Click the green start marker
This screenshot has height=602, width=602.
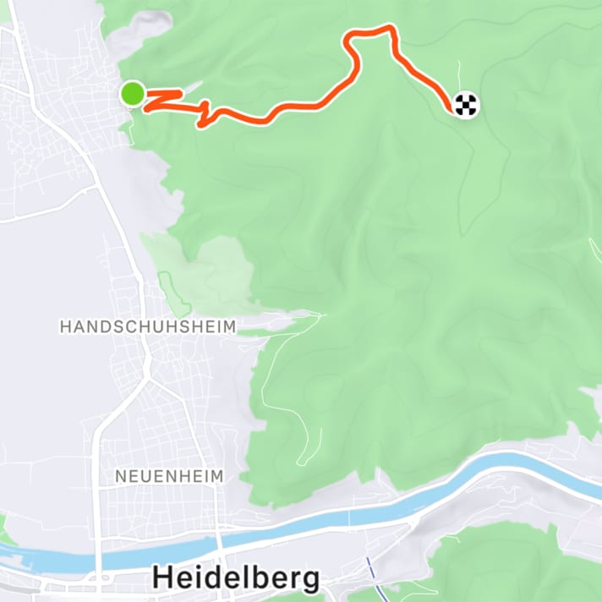tap(132, 95)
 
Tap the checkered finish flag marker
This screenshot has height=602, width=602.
tap(466, 106)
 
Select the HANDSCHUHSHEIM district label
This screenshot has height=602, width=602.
tap(147, 326)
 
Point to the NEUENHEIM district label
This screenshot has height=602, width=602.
tap(169, 477)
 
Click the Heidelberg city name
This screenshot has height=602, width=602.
tap(236, 578)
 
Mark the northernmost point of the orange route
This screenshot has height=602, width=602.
tap(389, 27)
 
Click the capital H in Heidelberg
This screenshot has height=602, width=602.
tap(162, 578)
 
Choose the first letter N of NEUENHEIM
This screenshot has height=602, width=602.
tap(119, 477)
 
